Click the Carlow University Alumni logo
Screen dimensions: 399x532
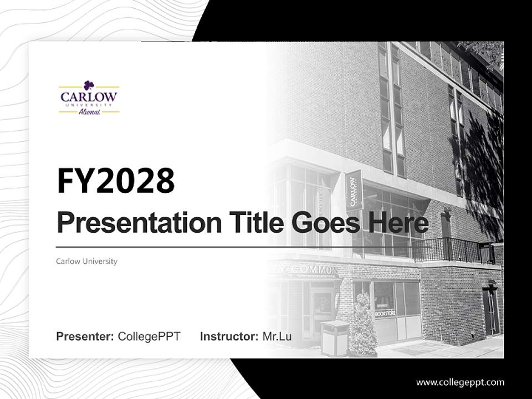[x=89, y=99]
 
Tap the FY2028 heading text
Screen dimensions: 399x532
[x=115, y=181]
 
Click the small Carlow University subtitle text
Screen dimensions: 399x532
[x=86, y=261]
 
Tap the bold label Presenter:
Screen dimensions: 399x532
[x=85, y=336]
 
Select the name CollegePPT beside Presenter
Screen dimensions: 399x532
[x=149, y=336]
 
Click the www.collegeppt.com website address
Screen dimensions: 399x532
[x=460, y=382]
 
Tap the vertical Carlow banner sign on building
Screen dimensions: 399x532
[x=354, y=190]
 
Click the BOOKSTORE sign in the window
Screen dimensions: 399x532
[x=385, y=313]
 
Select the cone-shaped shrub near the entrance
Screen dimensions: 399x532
[x=362, y=327]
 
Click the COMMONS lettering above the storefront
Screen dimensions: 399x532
[x=313, y=270]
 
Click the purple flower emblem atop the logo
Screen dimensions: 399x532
[x=89, y=85]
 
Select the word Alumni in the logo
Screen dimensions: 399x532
[x=89, y=111]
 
